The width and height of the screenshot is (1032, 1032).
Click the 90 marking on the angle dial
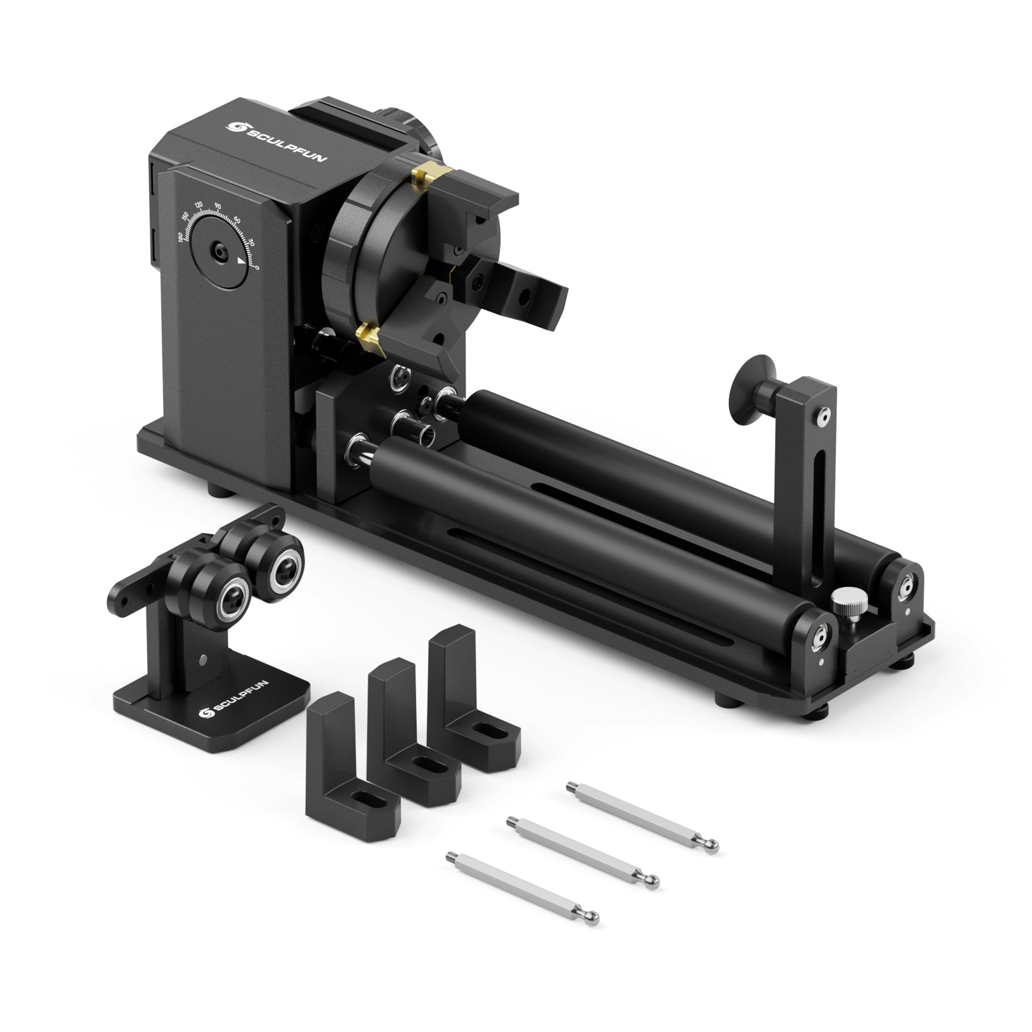[217, 205]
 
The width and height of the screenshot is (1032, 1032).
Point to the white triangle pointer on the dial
[241, 261]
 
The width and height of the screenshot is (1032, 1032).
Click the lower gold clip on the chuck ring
[370, 335]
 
